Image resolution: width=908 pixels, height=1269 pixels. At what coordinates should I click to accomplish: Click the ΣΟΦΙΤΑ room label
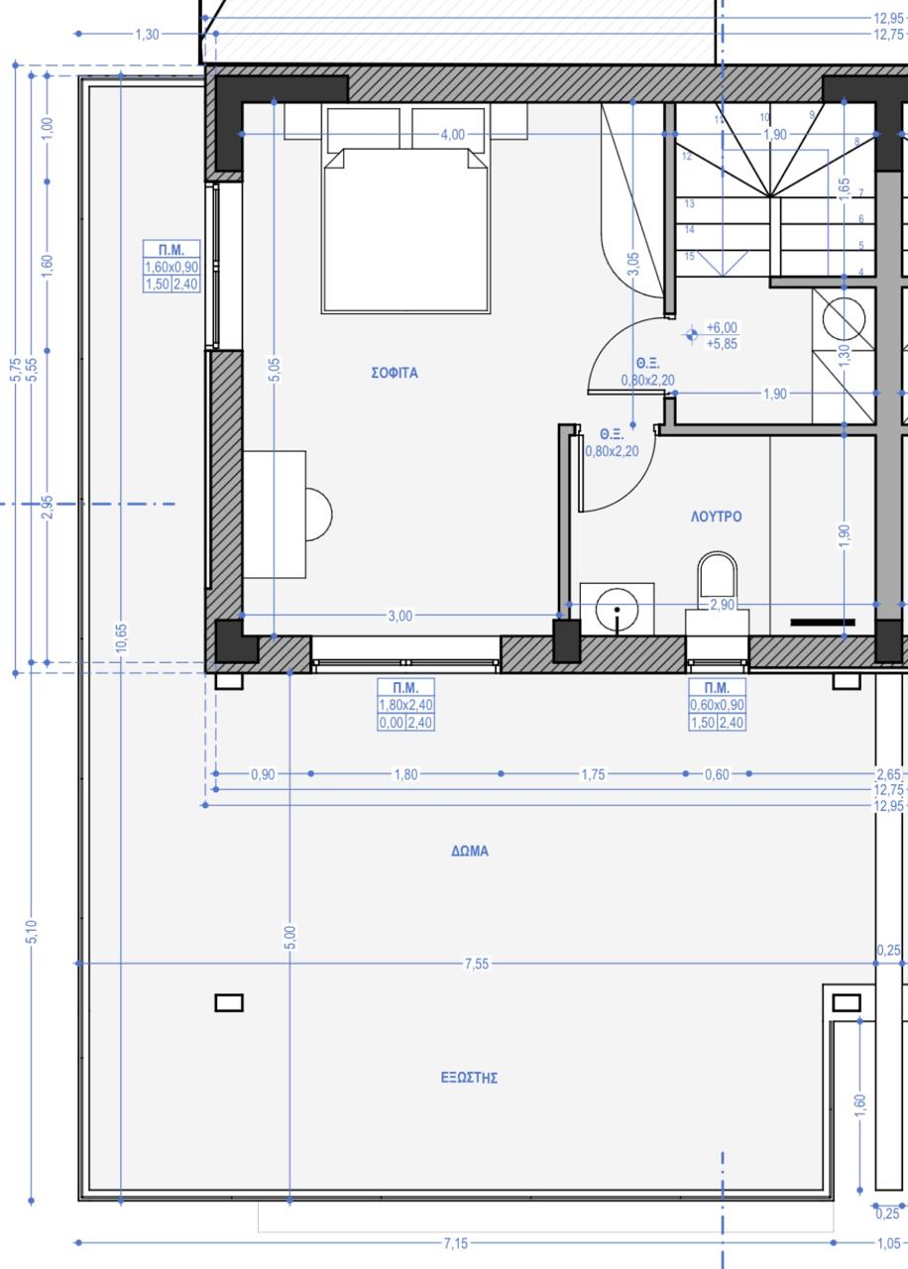pos(395,373)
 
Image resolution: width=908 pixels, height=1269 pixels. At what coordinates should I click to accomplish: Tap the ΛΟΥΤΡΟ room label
pos(716,517)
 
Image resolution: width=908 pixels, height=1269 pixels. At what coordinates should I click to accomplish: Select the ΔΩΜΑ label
pos(470,851)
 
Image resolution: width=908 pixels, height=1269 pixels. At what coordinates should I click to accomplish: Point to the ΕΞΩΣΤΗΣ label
pos(469,1078)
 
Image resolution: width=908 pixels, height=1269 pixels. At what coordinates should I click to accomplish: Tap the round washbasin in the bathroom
pos(617,610)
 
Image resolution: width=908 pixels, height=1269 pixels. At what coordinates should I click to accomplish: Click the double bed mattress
pos(405,231)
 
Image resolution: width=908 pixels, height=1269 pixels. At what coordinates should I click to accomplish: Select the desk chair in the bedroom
pos(318,515)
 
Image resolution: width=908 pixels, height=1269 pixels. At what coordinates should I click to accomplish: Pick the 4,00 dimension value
pos(453,135)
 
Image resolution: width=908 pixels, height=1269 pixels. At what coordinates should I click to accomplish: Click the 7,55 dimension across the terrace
pos(477,964)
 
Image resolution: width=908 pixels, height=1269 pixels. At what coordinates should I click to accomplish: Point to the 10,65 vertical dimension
pos(121,638)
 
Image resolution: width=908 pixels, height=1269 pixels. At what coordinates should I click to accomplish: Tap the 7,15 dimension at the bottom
pos(456,1243)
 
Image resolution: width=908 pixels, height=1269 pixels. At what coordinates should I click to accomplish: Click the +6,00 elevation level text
pos(722,327)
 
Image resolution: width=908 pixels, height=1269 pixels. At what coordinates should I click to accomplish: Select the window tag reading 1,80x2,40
pos(405,705)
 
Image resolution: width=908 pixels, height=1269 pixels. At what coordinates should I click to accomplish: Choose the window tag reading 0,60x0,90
pos(717,705)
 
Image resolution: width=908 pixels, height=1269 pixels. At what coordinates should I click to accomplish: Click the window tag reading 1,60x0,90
pos(171,267)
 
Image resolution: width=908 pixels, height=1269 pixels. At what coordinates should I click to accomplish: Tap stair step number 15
pos(689,256)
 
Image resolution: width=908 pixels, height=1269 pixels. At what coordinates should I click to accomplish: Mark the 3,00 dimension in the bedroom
pos(399,616)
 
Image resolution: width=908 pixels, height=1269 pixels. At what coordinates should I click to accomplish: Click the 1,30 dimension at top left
pos(147,35)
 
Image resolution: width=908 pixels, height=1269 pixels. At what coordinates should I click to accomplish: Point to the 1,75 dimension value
pos(593,774)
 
